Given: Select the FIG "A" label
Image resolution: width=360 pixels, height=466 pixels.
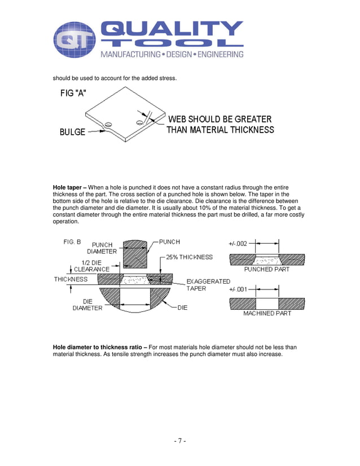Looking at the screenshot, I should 73,94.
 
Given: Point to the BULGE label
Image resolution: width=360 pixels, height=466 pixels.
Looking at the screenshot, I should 72,132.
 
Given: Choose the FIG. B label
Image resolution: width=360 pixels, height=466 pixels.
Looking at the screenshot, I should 72,241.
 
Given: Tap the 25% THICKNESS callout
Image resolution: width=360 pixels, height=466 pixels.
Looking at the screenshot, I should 189,257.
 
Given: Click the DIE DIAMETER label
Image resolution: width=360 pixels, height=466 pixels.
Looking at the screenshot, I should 87,305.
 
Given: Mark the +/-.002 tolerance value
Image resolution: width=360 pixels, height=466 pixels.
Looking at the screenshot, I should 238,244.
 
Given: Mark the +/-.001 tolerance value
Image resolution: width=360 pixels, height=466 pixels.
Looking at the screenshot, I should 238,289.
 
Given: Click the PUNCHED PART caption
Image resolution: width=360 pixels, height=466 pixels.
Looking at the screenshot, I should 266,270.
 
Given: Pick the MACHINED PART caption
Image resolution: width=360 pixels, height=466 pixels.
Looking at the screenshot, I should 267,313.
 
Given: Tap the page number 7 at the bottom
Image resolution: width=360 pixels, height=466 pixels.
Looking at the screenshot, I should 180,441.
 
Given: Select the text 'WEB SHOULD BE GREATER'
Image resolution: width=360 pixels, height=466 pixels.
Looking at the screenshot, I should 219,119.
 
